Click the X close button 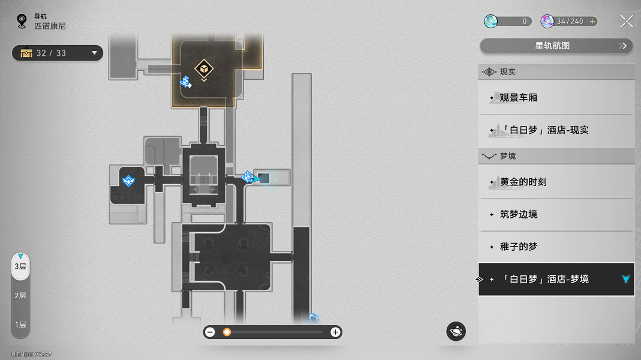tap(627, 21)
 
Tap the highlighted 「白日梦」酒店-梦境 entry tap(556, 279)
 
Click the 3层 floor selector tap(20, 267)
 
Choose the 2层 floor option tap(20, 295)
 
